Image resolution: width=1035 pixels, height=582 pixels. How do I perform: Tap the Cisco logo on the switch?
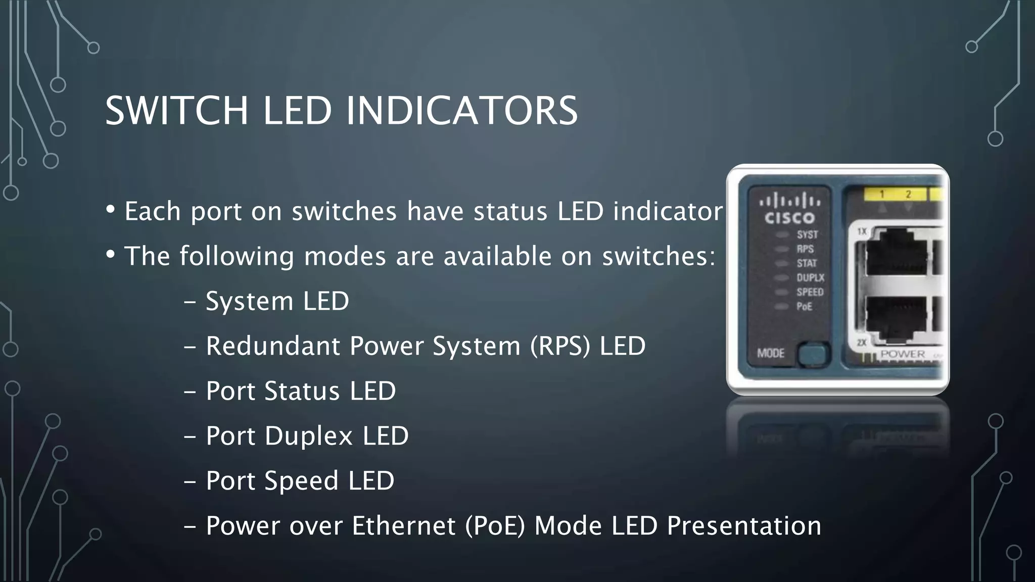(789, 210)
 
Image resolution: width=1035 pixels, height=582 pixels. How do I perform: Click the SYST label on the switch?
(807, 234)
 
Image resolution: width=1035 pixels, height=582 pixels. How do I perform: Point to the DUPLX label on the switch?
(810, 277)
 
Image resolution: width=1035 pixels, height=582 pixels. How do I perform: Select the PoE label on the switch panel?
(804, 306)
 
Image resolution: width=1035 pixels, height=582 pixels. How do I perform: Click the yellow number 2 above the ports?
(908, 194)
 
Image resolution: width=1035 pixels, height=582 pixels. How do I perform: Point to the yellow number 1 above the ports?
(882, 194)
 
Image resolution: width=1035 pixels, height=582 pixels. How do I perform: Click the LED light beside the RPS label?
(782, 249)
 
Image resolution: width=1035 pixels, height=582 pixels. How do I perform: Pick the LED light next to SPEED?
(782, 292)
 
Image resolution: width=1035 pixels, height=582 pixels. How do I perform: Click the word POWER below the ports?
(903, 354)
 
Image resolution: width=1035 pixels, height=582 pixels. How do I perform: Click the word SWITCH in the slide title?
(176, 111)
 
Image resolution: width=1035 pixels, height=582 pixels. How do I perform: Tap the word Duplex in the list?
(308, 436)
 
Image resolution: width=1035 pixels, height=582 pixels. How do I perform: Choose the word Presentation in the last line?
(744, 526)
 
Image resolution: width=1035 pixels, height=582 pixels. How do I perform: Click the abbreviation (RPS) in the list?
(560, 346)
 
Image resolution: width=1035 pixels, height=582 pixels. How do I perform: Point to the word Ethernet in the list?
(403, 526)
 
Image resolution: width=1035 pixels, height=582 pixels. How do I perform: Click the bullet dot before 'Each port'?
(111, 209)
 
